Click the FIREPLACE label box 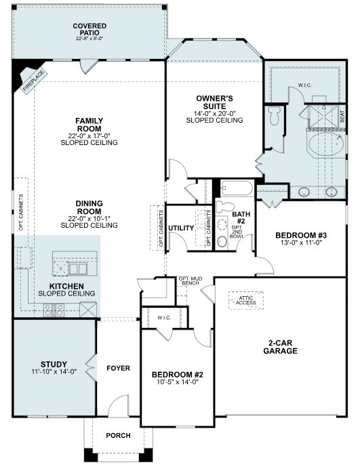pos(33,81)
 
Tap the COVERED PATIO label pos(89,29)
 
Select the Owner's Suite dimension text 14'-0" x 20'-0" pos(214,114)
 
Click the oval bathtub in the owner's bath pos(327,144)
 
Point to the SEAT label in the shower pos(342,117)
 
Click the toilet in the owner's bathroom pos(274,115)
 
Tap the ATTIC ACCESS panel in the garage pos(245,300)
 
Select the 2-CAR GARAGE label pos(281,347)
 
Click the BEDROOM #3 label pos(301,235)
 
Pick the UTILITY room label pos(181,228)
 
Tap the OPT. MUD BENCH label pos(191,281)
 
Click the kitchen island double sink pos(78,268)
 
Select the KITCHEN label pos(66,286)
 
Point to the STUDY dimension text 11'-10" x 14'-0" pos(54,372)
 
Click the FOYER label pos(119,368)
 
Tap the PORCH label pos(118,436)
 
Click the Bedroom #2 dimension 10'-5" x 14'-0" pos(178,382)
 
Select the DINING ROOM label pos(89,207)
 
